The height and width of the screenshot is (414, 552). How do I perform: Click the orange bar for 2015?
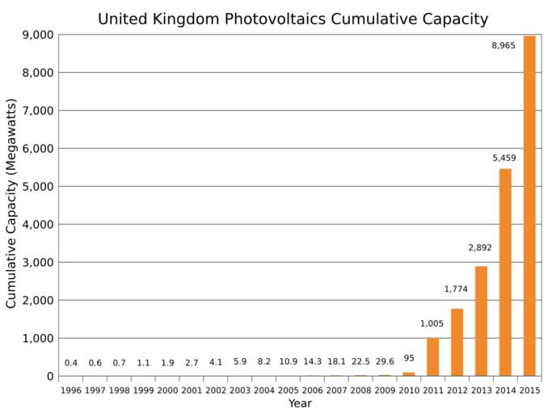pyautogui.click(x=529, y=206)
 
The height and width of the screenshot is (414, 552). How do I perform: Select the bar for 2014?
pyautogui.click(x=505, y=272)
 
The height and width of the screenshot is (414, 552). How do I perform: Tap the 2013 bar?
pyautogui.click(x=481, y=321)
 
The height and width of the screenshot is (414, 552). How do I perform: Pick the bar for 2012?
pyautogui.click(x=457, y=342)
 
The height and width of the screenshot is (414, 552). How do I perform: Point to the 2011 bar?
pyautogui.click(x=433, y=357)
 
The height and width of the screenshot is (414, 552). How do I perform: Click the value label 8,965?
pyautogui.click(x=504, y=46)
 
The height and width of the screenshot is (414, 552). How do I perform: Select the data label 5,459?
pyautogui.click(x=504, y=158)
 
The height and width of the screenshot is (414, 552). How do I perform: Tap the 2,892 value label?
pyautogui.click(x=480, y=247)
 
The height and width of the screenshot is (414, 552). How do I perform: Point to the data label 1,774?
pyautogui.click(x=456, y=289)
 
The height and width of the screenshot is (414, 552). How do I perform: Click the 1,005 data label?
pyautogui.click(x=432, y=323)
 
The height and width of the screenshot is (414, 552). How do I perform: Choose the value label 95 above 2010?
pyautogui.click(x=409, y=358)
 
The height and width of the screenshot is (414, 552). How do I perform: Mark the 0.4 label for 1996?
pyautogui.click(x=71, y=363)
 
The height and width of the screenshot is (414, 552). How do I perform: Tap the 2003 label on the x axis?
pyautogui.click(x=240, y=391)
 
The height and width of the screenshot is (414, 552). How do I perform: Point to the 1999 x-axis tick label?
pyautogui.click(x=144, y=391)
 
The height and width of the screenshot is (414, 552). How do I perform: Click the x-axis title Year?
pyautogui.click(x=300, y=403)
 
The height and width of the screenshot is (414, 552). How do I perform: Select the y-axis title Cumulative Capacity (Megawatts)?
pyautogui.click(x=11, y=204)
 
